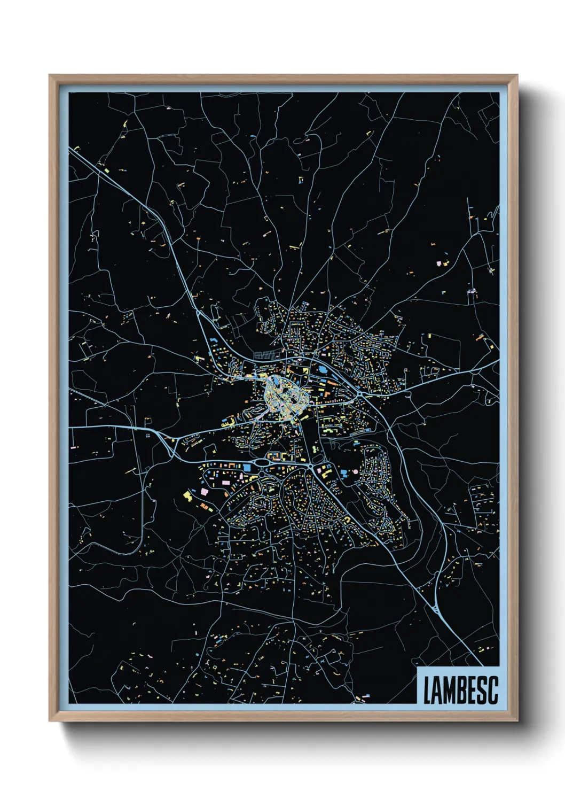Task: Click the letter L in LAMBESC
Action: click(428, 691)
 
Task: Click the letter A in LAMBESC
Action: click(437, 691)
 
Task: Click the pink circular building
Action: click(344, 472)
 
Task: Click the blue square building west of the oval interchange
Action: click(247, 468)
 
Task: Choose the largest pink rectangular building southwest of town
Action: click(204, 491)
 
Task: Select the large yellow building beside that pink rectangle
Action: click(187, 495)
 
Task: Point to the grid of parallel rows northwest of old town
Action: click(266, 354)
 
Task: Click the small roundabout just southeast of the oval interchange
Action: click(311, 467)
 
